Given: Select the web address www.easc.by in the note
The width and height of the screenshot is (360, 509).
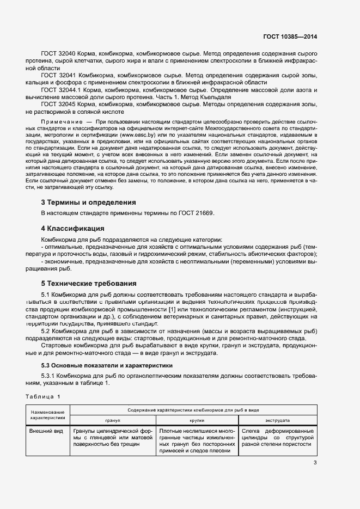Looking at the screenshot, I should click(136, 133).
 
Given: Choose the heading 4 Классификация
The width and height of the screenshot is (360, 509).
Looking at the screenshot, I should click(73, 228).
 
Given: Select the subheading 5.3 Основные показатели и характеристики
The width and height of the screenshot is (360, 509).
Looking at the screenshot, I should click(107, 365).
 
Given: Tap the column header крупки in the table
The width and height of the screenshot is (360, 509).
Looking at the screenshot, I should click(197, 421).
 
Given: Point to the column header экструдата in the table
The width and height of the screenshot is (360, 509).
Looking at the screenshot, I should click(277, 421).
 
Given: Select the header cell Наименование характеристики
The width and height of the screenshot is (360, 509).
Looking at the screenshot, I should click(48, 415).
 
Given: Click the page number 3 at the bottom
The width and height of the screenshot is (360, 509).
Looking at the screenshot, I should click(315, 463).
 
